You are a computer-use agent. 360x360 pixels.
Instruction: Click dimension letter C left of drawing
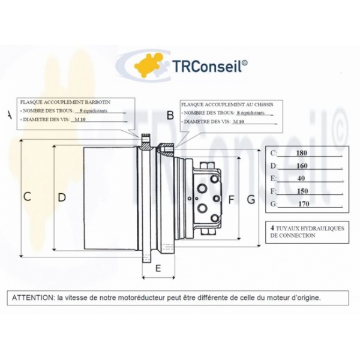pyautogui.click(x=27, y=196)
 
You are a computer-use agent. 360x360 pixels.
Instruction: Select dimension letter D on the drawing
pyautogui.click(x=61, y=196)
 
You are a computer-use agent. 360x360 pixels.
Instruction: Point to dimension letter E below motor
pyautogui.click(x=158, y=268)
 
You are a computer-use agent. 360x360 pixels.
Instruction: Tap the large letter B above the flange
pyautogui.click(x=170, y=115)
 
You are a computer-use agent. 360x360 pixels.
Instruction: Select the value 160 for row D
pyautogui.click(x=302, y=165)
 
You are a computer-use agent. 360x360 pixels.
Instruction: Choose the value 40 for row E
pyautogui.click(x=302, y=178)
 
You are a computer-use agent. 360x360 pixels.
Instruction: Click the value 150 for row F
pyautogui.click(x=302, y=191)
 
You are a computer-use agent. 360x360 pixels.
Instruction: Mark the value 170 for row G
pyautogui.click(x=302, y=204)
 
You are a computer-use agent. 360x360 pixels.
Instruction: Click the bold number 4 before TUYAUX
pyautogui.click(x=272, y=228)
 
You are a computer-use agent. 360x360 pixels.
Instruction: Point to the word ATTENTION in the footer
pyautogui.click(x=31, y=297)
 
